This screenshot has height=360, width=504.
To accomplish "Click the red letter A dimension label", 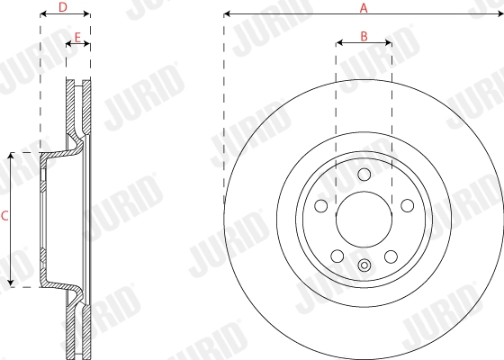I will (364, 7).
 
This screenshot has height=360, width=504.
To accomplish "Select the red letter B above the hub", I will (364, 36).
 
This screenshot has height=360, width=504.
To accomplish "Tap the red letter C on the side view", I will (4, 216).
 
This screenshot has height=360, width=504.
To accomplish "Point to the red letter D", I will (62, 7).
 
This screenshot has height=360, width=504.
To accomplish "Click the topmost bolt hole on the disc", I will (364, 175).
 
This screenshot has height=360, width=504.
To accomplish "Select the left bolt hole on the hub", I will (320, 207).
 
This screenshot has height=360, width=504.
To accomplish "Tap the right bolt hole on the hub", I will (407, 207).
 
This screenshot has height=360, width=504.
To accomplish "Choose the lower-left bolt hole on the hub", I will (337, 256).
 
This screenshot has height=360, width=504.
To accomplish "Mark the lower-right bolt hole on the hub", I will (391, 256).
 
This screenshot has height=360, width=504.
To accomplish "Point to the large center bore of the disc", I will (364, 219).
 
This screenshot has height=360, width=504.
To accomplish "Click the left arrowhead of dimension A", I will (227, 14).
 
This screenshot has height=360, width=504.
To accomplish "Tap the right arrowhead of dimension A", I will (499, 14).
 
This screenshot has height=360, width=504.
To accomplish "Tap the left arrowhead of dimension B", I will (339, 43).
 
